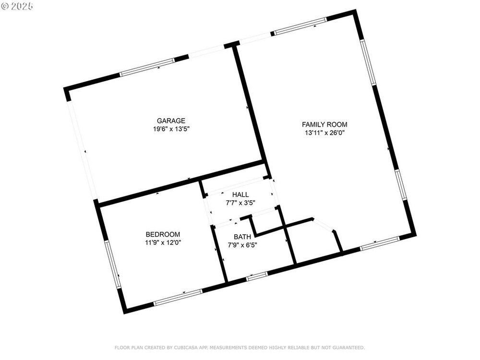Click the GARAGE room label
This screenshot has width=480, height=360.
(171, 120)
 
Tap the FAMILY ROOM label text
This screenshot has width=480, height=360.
(324, 124)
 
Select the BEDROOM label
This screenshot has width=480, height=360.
(163, 235)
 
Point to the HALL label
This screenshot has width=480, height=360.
(240, 194)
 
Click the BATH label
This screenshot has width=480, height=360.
(242, 237)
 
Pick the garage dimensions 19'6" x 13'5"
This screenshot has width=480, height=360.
(171, 129)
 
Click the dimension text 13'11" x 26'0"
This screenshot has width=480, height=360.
(324, 132)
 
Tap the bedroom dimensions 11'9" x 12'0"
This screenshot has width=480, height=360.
(163, 243)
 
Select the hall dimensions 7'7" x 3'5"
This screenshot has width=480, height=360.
(240, 203)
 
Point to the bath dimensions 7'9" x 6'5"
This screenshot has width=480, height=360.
(242, 245)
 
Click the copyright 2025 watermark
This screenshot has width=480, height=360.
(17, 6)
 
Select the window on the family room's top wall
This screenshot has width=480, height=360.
(300, 26)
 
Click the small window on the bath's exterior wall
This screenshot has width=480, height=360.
(257, 276)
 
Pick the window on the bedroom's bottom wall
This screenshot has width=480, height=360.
(178, 297)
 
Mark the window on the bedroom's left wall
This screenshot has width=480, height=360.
(112, 264)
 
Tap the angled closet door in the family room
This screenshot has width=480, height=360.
(324, 225)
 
